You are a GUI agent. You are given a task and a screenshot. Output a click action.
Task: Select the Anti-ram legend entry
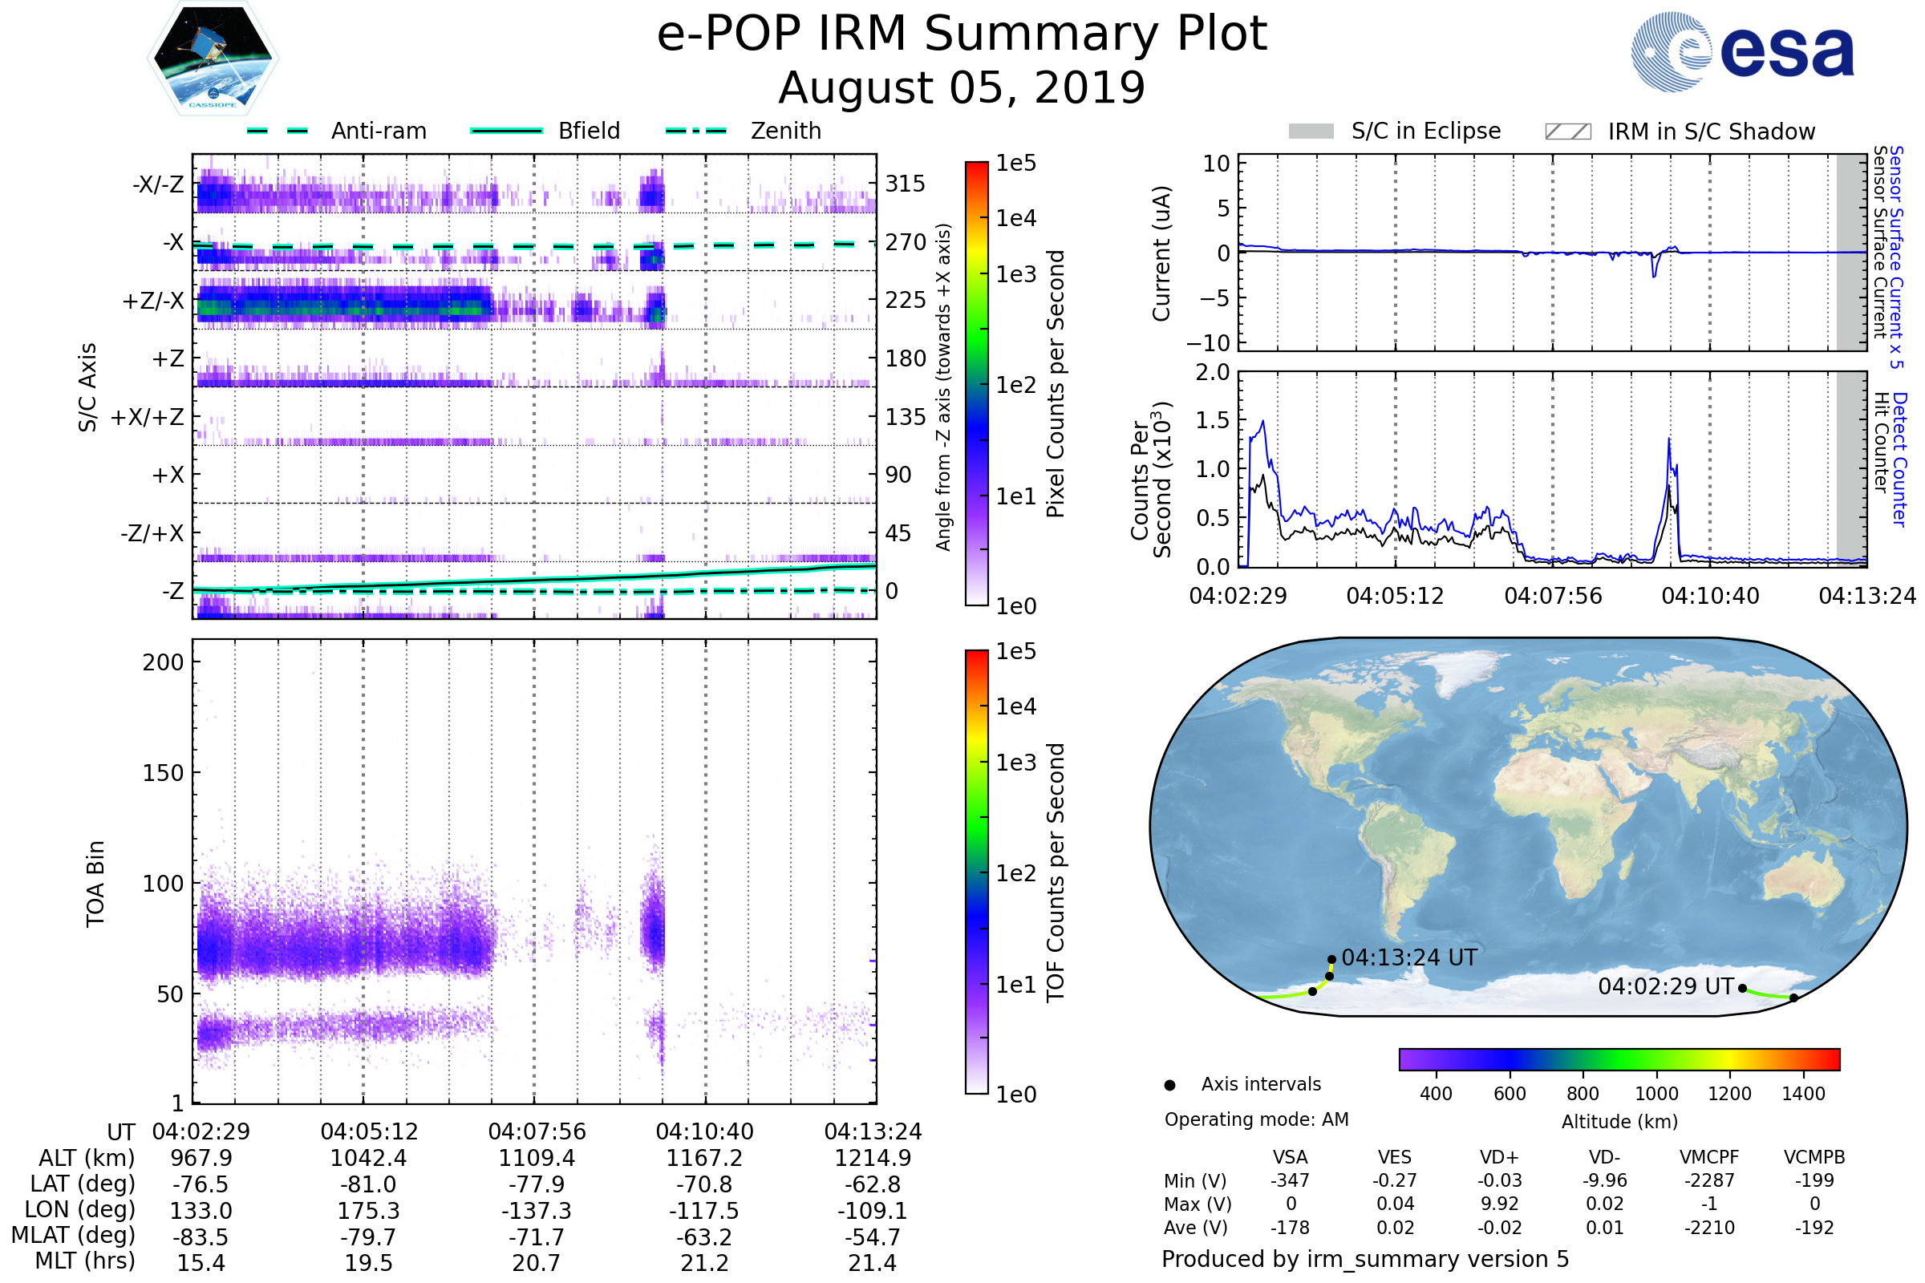point(378,131)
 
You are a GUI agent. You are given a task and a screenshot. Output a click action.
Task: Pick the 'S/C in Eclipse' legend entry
point(1426,132)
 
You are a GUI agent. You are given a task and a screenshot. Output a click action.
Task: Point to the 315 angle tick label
point(906,184)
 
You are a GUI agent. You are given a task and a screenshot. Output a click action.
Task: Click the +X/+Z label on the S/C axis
point(148,417)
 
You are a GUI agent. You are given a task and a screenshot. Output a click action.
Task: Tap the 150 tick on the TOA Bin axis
point(163,773)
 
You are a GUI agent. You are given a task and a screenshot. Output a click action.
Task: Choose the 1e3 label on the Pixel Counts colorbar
point(1016,275)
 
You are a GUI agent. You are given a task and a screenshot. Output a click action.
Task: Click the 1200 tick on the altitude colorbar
point(1729,1094)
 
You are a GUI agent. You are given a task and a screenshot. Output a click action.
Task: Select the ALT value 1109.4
point(537,1159)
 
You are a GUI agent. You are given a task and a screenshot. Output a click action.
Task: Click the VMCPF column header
point(1709,1158)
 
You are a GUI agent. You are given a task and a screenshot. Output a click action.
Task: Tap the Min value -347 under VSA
point(1290,1180)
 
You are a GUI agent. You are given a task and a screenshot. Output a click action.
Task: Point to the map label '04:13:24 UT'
point(1409,958)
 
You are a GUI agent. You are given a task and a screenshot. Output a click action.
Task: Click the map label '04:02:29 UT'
point(1666,987)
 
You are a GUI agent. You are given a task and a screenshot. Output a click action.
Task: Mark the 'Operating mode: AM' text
point(1256,1119)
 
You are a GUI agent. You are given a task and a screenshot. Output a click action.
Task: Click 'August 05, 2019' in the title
point(962,88)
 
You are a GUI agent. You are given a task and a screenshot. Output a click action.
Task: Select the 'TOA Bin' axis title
point(95,884)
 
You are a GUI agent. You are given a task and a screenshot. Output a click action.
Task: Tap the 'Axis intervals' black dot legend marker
point(1170,1085)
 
